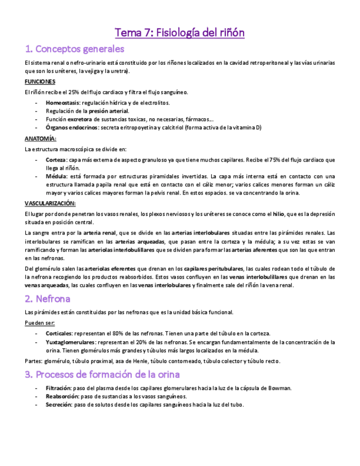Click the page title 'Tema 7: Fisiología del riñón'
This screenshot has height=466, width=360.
point(179,33)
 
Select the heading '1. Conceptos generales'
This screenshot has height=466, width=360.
point(71,49)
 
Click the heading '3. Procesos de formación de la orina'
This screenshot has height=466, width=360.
point(102,375)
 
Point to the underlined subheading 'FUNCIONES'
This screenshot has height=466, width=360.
point(40,81)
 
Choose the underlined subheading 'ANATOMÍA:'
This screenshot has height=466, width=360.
point(41,138)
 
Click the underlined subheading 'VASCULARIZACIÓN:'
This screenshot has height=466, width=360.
point(50,203)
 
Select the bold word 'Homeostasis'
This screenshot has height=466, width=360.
point(63,103)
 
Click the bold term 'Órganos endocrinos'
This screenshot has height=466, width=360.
point(71,127)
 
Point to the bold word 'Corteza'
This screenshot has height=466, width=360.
point(56,160)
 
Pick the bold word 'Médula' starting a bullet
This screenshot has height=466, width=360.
point(56,176)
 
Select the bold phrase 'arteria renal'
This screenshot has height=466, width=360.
point(99,232)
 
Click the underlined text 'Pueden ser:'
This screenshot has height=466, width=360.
point(40,323)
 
